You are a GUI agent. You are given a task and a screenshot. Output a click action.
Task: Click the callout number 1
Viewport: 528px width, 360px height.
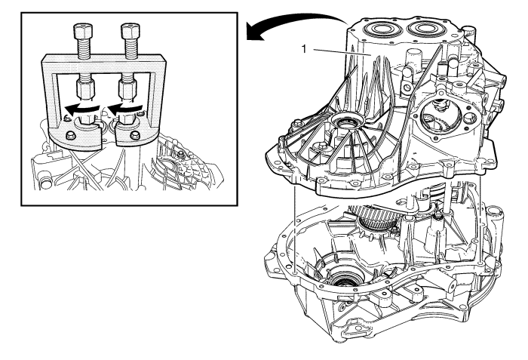(x=304, y=49)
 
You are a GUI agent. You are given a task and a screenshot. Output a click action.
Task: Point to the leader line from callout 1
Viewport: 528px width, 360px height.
(x=342, y=52)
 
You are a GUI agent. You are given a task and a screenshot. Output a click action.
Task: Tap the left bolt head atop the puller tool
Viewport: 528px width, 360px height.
(x=82, y=31)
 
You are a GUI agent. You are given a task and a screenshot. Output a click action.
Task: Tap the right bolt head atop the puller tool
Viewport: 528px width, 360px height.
(x=130, y=31)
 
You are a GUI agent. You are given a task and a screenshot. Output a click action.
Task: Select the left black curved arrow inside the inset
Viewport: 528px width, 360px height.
(x=82, y=109)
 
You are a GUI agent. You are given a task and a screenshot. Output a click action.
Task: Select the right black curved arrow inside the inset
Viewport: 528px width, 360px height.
(x=126, y=109)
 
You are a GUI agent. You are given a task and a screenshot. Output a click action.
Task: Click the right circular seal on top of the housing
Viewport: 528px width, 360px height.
(x=425, y=29)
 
